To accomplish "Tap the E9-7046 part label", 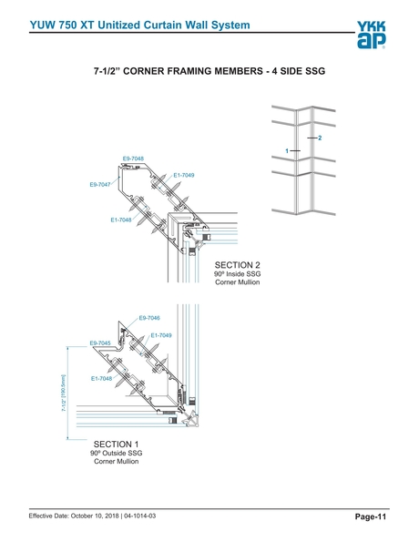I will tap(149, 318).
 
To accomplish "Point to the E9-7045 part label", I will tap(100, 343).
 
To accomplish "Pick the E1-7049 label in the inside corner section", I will tap(184, 175).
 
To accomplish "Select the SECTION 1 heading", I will tap(117, 444).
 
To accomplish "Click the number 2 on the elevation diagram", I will tap(320, 137).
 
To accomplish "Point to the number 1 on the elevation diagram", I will tap(287, 149).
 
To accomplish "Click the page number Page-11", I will tap(371, 516).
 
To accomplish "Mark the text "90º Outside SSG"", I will tap(117, 453).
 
